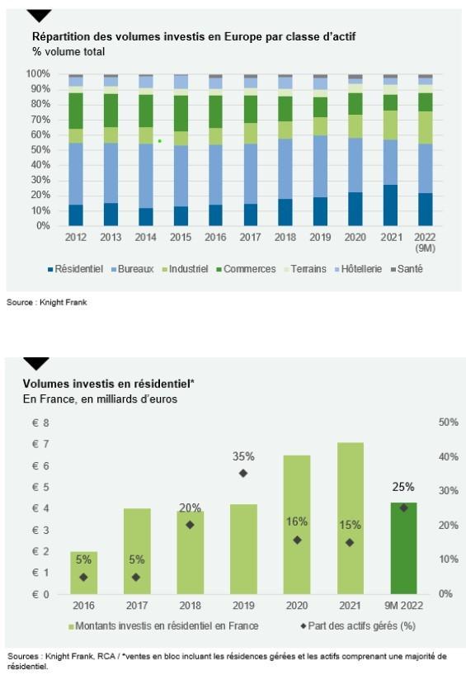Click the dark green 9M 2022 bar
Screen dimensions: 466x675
coord(403,548)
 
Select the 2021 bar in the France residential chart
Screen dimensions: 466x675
coord(351,518)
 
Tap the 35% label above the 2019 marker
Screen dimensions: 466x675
coord(243,456)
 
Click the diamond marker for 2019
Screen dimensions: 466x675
coord(243,473)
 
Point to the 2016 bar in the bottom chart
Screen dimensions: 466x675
coord(84,573)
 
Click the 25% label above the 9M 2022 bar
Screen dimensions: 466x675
coord(403,487)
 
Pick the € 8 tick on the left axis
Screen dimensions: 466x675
coord(41,422)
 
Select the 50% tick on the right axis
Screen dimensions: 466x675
coord(449,422)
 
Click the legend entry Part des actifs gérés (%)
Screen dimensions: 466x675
coord(358,625)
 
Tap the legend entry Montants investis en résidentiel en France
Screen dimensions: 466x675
coord(163,625)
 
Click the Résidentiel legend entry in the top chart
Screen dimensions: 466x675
coord(75,269)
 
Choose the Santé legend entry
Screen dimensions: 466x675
coord(407,269)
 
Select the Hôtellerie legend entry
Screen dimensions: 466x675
coord(358,269)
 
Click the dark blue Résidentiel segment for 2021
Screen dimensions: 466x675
coord(390,205)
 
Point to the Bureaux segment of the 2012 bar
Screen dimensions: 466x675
coord(76,174)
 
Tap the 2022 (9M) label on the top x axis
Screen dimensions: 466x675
coord(425,243)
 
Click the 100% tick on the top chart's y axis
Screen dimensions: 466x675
coord(38,73)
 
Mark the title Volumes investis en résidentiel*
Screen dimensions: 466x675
coord(109,384)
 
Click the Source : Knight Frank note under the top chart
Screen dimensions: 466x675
coord(47,303)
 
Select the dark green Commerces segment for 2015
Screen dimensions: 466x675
coord(181,114)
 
